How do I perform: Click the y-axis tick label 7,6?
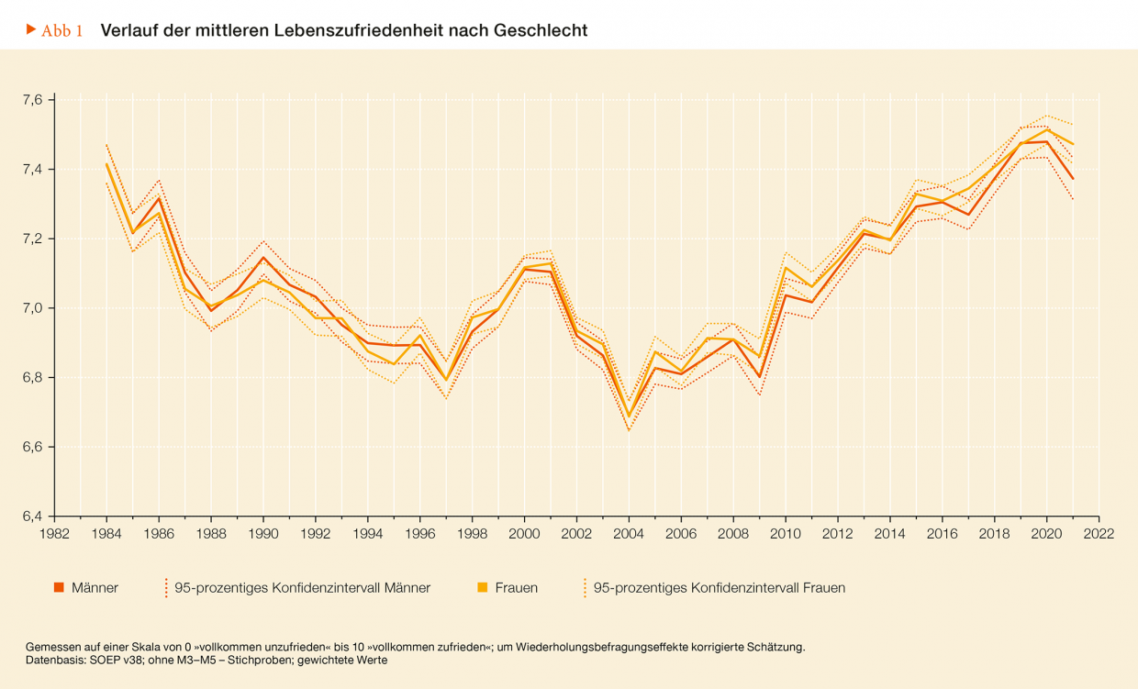pyautogui.click(x=32, y=99)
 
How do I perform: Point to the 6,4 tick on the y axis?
pyautogui.click(x=32, y=517)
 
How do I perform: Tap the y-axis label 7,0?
pyautogui.click(x=32, y=308)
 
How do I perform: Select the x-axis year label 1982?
pyautogui.click(x=55, y=533)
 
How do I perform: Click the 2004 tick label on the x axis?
pyautogui.click(x=629, y=533)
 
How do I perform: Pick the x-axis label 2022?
pyautogui.click(x=1099, y=533)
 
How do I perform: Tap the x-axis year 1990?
pyautogui.click(x=263, y=533)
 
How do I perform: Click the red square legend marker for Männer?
pyautogui.click(x=59, y=588)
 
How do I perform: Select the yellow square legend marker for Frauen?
pyautogui.click(x=482, y=588)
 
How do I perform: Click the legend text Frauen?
pyautogui.click(x=516, y=588)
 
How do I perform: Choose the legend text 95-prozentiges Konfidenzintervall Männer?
pyautogui.click(x=302, y=588)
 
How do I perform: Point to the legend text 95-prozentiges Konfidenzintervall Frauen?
pyautogui.click(x=719, y=588)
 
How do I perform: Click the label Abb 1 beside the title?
pyautogui.click(x=62, y=31)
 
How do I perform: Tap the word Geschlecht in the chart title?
pyautogui.click(x=541, y=30)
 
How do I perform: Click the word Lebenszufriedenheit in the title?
pyautogui.click(x=363, y=30)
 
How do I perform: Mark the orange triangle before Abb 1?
pyautogui.click(x=31, y=30)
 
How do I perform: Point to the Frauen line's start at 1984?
pyautogui.click(x=106, y=164)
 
